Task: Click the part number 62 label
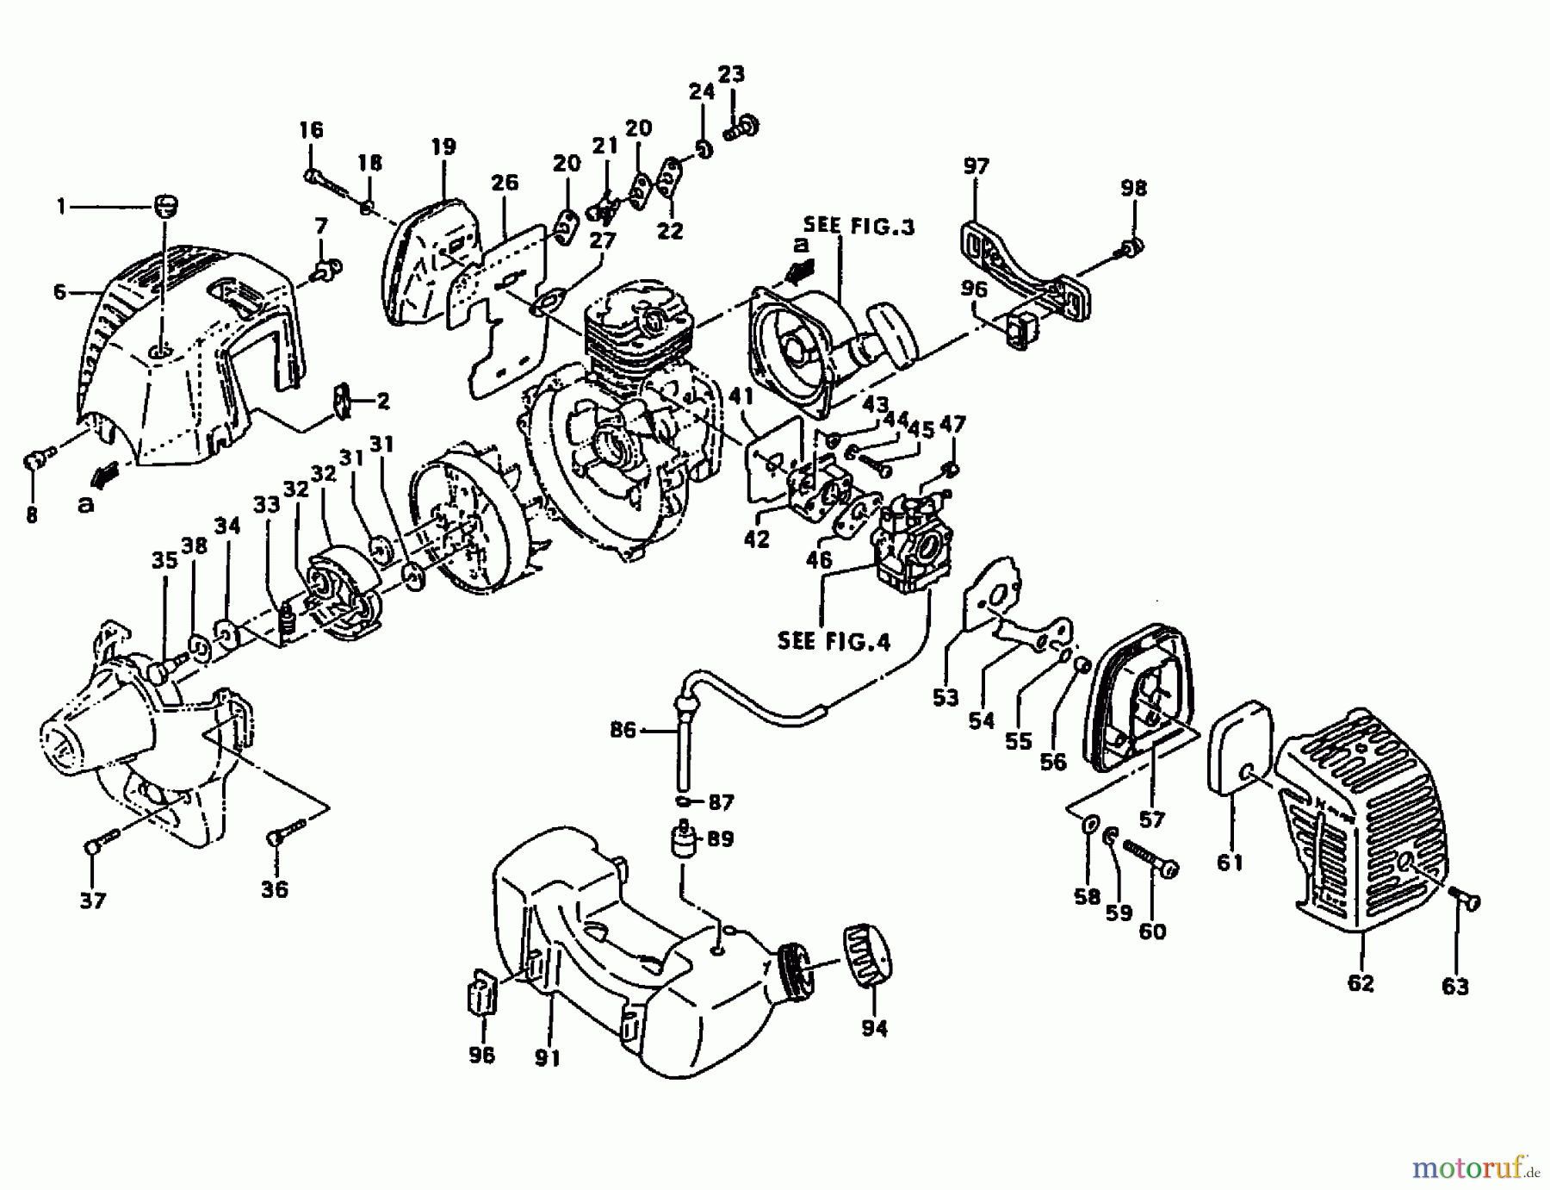1360,982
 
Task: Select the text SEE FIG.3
859,227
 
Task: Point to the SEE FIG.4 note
833,641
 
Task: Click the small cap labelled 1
164,207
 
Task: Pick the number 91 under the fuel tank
548,1057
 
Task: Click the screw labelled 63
1466,901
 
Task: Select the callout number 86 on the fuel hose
623,731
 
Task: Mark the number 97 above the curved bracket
976,165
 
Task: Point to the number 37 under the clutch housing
92,900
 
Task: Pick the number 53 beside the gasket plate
945,698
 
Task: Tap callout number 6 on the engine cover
59,292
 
